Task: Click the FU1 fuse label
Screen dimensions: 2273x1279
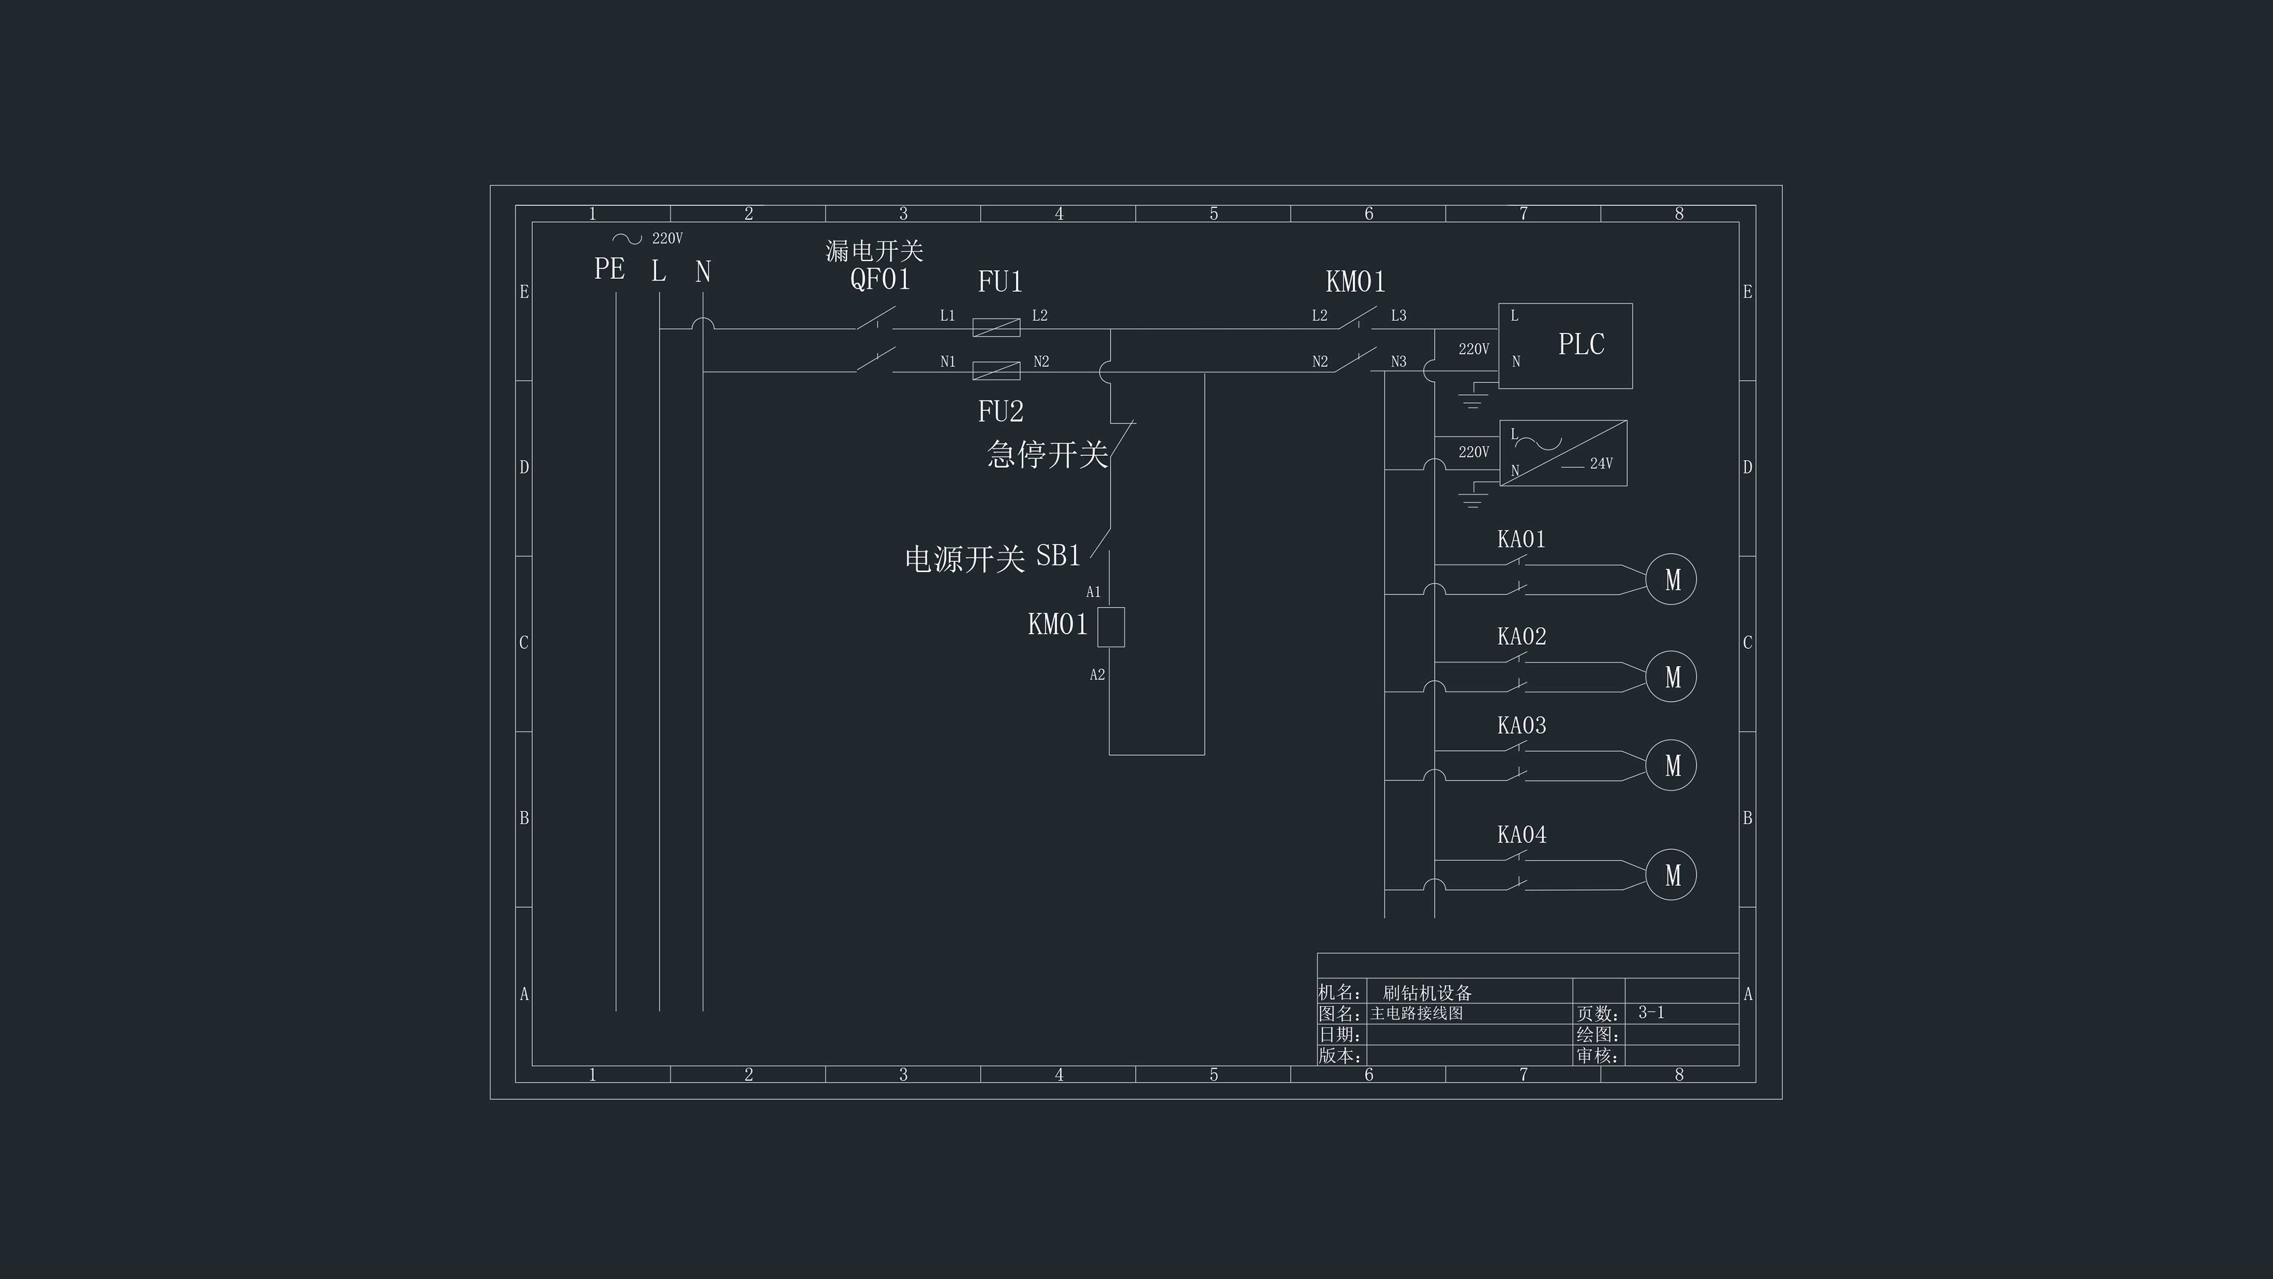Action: tap(1000, 282)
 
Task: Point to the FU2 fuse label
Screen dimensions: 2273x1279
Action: tap(1000, 412)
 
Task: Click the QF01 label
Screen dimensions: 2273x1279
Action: tap(880, 279)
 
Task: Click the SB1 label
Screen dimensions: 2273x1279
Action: tap(1058, 555)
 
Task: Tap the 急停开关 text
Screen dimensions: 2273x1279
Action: tap(1047, 455)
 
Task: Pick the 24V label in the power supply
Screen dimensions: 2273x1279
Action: tap(1601, 464)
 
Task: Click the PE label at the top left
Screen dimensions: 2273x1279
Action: tap(609, 268)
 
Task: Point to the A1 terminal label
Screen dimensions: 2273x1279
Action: tap(1093, 592)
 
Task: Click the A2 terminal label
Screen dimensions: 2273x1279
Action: tap(1097, 675)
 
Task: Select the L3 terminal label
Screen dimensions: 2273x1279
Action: tap(1399, 315)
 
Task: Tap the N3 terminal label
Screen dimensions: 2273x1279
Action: tap(1399, 362)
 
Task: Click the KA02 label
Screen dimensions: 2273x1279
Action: tap(1521, 637)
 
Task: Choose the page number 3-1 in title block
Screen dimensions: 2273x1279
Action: tap(1651, 1013)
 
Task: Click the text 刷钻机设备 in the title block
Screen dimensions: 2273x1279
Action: tap(1427, 993)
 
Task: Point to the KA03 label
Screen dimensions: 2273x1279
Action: tap(1521, 725)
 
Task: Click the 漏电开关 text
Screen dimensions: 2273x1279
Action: tap(874, 250)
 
